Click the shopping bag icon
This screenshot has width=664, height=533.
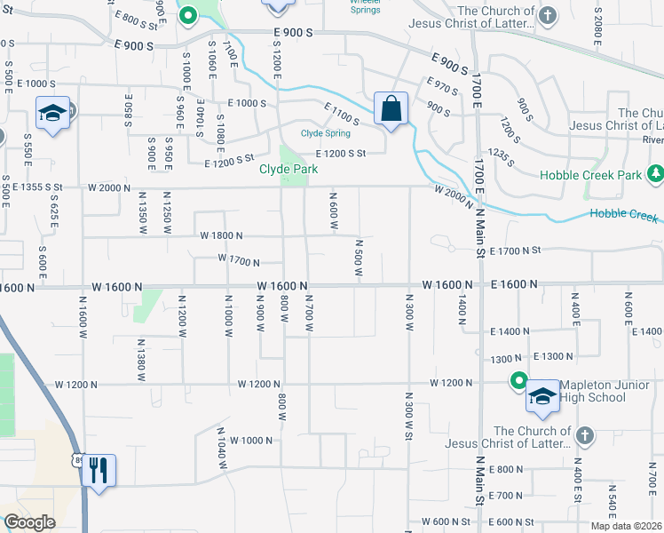pyautogui.click(x=391, y=109)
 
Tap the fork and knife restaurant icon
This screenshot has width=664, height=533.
pyautogui.click(x=99, y=469)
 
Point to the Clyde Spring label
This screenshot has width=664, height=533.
pyautogui.click(x=326, y=133)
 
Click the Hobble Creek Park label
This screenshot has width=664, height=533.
pyautogui.click(x=590, y=175)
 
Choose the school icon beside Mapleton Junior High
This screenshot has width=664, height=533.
pyautogui.click(x=542, y=396)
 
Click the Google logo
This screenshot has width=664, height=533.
pyautogui.click(x=29, y=521)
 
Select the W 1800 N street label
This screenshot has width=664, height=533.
pyautogui.click(x=221, y=235)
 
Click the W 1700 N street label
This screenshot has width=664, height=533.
pyautogui.click(x=239, y=261)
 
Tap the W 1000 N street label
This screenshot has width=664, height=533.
pyautogui.click(x=251, y=441)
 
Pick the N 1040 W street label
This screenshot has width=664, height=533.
pyautogui.click(x=222, y=442)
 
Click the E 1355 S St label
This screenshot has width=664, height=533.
pyautogui.click(x=37, y=187)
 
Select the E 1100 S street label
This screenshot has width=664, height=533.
pyautogui.click(x=341, y=115)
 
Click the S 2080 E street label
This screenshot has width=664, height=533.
pyautogui.click(x=597, y=33)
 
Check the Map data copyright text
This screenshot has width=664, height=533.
pyautogui.click(x=626, y=526)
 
